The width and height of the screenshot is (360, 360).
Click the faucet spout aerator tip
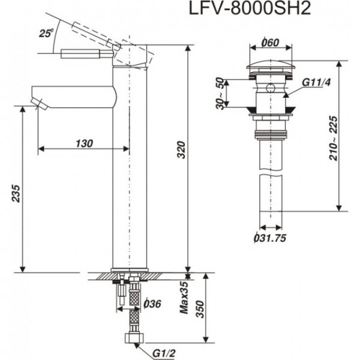(40, 105)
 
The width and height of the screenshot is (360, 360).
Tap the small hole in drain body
(271, 91)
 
